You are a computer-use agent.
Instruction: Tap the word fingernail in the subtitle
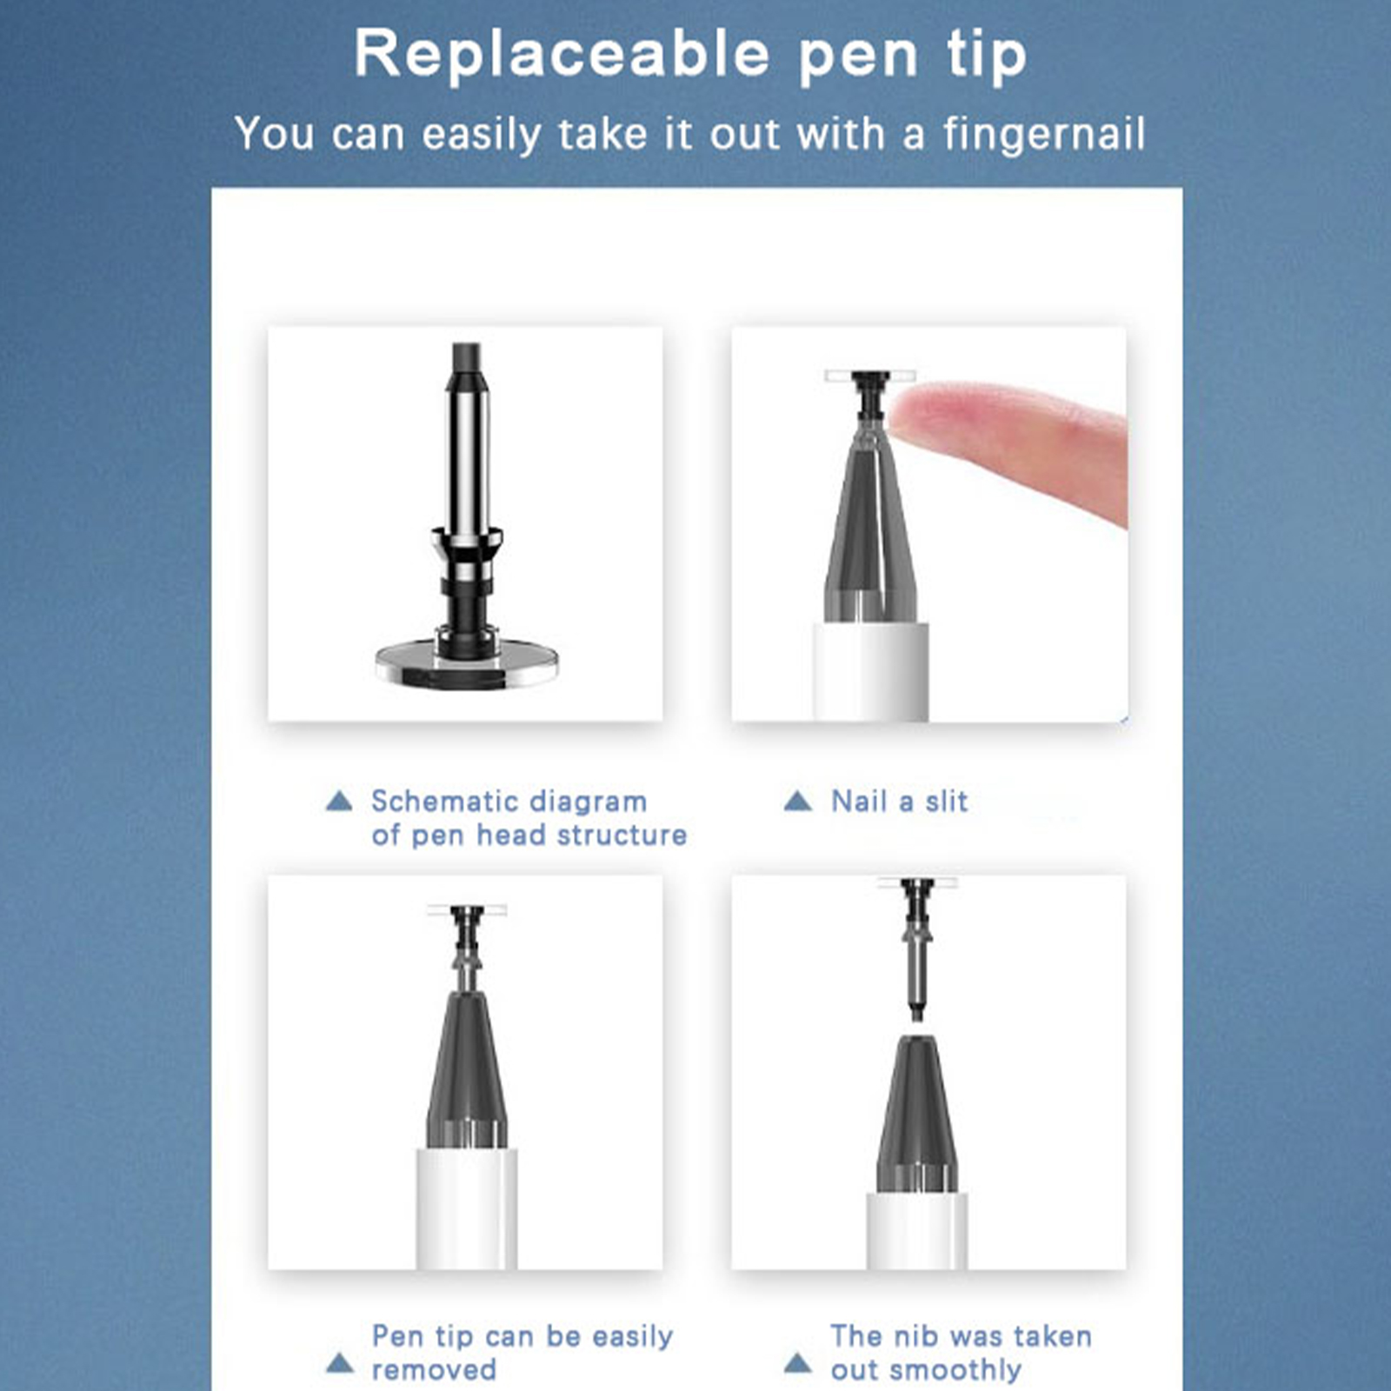point(1044,135)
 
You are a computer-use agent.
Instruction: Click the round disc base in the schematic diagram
point(467,664)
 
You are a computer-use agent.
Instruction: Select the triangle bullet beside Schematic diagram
point(339,801)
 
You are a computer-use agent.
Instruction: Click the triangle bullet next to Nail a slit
point(797,801)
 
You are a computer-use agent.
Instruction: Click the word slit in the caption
point(946,801)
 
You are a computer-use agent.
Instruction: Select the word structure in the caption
point(622,835)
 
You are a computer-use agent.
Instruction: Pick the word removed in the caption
point(434,1370)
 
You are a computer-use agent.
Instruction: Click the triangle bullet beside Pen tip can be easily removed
point(339,1363)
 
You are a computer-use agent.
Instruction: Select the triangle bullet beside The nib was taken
point(797,1363)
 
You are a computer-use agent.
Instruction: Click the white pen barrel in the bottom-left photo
point(467,1208)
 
